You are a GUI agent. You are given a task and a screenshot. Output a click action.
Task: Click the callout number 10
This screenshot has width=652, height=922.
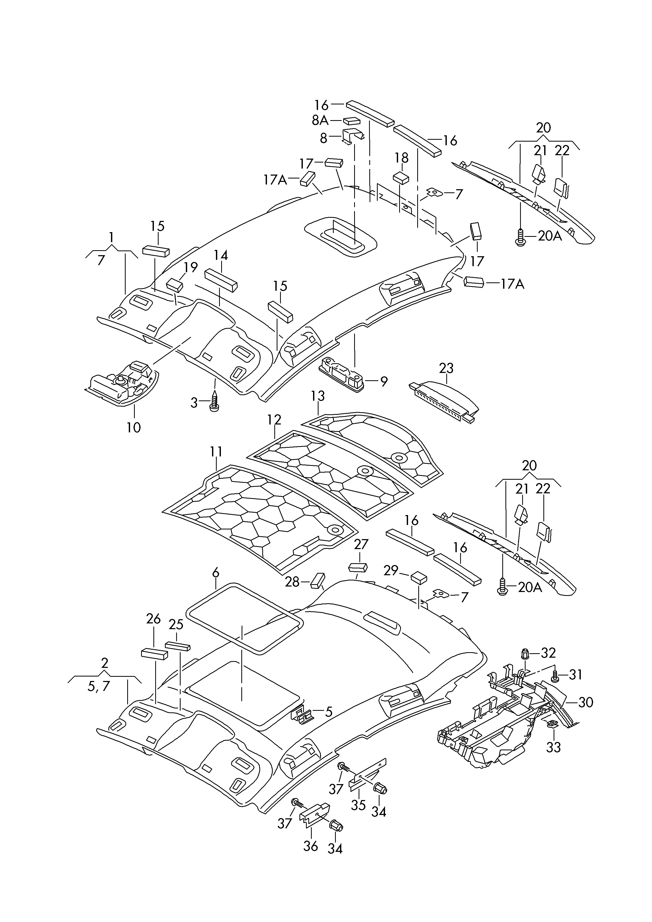point(134,427)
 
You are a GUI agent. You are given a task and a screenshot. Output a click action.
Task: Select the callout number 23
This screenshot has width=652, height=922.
point(446,368)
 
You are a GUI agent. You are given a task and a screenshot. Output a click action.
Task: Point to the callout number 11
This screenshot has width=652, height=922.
point(216,452)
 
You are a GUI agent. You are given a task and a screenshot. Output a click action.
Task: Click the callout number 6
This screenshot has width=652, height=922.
point(216,573)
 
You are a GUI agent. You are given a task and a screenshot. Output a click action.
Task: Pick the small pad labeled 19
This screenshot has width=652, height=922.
point(175,285)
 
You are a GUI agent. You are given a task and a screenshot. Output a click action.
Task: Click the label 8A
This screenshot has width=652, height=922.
point(320,120)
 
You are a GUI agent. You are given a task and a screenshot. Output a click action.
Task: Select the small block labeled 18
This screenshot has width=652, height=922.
point(401,177)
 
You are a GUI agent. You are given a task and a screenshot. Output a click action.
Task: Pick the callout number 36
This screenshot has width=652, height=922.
point(310,846)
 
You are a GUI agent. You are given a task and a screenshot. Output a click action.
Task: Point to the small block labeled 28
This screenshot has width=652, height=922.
point(317,581)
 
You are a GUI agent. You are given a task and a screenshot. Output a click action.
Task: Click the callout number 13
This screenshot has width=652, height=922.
point(317,396)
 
